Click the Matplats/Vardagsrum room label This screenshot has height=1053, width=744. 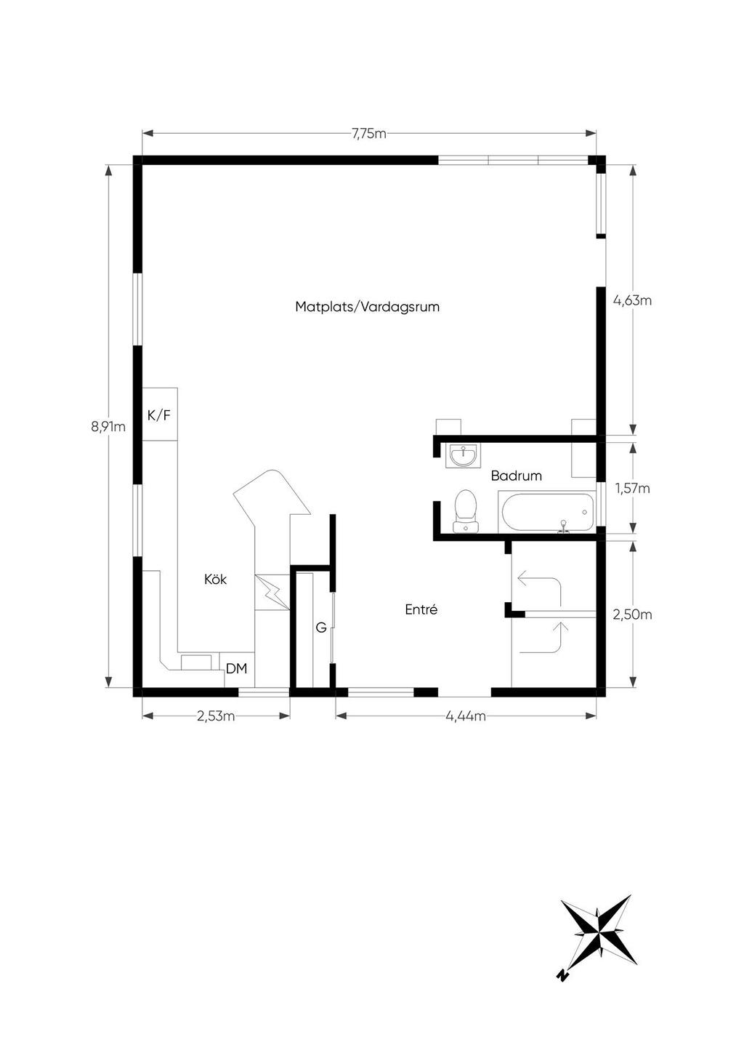pos(368,307)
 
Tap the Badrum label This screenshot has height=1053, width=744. pos(516,476)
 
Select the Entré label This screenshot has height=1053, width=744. pos(421,609)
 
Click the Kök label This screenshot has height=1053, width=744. pos(215,579)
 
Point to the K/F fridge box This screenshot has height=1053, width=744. pos(160,415)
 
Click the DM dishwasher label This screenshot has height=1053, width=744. pos(236,668)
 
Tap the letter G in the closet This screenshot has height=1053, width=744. pos(321,627)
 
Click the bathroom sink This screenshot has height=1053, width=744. pos(463,455)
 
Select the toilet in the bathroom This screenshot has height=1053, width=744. pos(466,511)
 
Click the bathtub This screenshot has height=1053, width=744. pos(546,512)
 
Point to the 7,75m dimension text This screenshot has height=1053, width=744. pos(369,134)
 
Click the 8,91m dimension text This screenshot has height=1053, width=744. pos(108,427)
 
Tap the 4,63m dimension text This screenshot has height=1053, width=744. pos(633,300)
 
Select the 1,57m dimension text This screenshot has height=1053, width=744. pos(633,489)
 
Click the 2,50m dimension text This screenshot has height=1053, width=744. pos(632,614)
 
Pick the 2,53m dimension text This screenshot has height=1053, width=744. pos(216,716)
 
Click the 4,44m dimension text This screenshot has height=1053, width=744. pos(466,716)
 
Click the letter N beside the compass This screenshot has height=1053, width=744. pos(562,975)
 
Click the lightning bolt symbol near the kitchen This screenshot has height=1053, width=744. pos(272,592)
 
